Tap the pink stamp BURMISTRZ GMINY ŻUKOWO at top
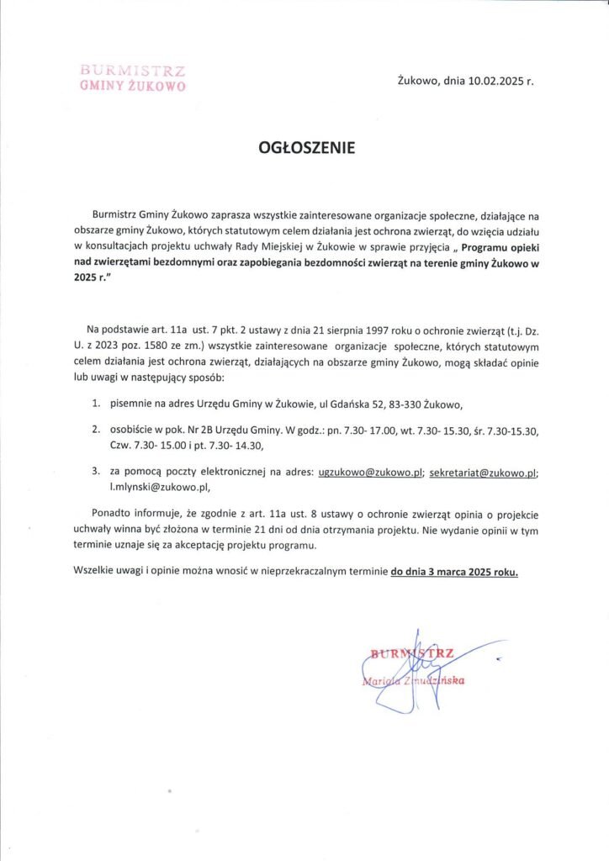[132, 77]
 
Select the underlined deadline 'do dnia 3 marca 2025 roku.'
[454, 573]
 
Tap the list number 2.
[97, 431]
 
